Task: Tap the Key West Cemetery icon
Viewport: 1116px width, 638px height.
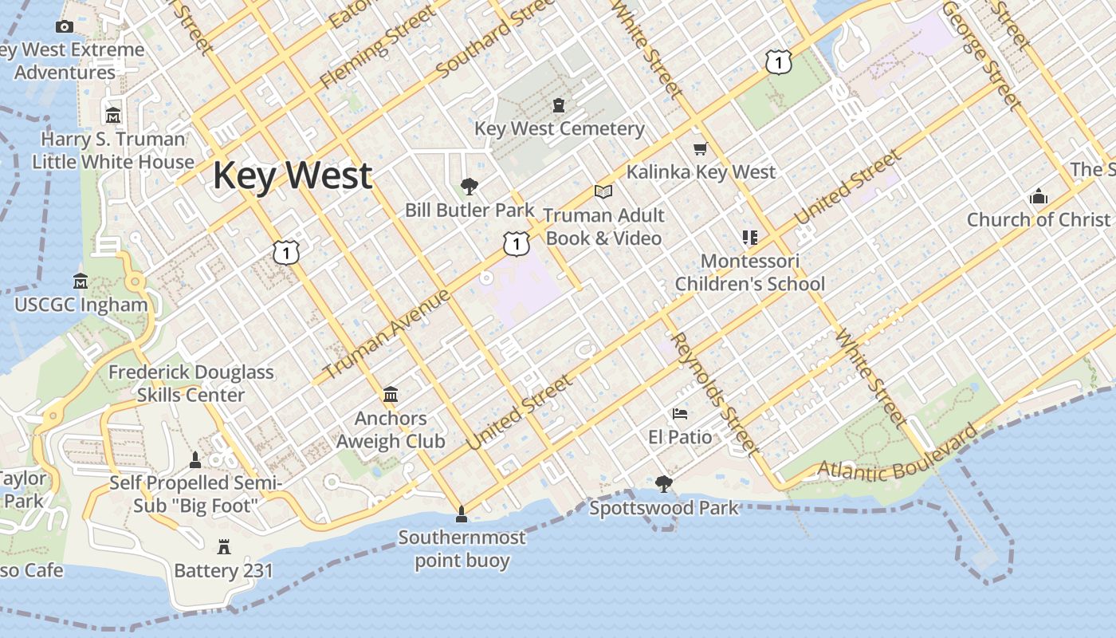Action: [559, 105]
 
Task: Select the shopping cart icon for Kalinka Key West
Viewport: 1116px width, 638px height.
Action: [701, 148]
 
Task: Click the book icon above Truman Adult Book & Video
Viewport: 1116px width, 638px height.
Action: [603, 192]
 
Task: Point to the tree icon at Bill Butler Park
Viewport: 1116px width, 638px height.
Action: [470, 187]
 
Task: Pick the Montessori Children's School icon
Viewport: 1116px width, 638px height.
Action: [749, 238]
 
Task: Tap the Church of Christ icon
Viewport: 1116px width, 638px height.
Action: [1038, 196]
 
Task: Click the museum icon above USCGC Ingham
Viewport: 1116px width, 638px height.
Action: [81, 282]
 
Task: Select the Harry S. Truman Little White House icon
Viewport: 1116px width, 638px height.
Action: [113, 116]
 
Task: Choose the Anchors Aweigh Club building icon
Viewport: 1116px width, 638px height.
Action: [391, 395]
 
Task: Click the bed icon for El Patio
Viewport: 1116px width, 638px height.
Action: [680, 414]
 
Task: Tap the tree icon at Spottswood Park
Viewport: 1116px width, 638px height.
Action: [663, 484]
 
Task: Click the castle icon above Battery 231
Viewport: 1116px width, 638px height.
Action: [223, 547]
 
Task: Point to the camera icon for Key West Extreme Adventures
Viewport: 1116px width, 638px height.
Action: [65, 26]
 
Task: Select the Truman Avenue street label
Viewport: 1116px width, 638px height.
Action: [387, 333]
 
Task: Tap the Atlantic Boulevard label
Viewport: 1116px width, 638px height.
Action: [898, 455]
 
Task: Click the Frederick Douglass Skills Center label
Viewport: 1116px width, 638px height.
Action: [191, 384]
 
